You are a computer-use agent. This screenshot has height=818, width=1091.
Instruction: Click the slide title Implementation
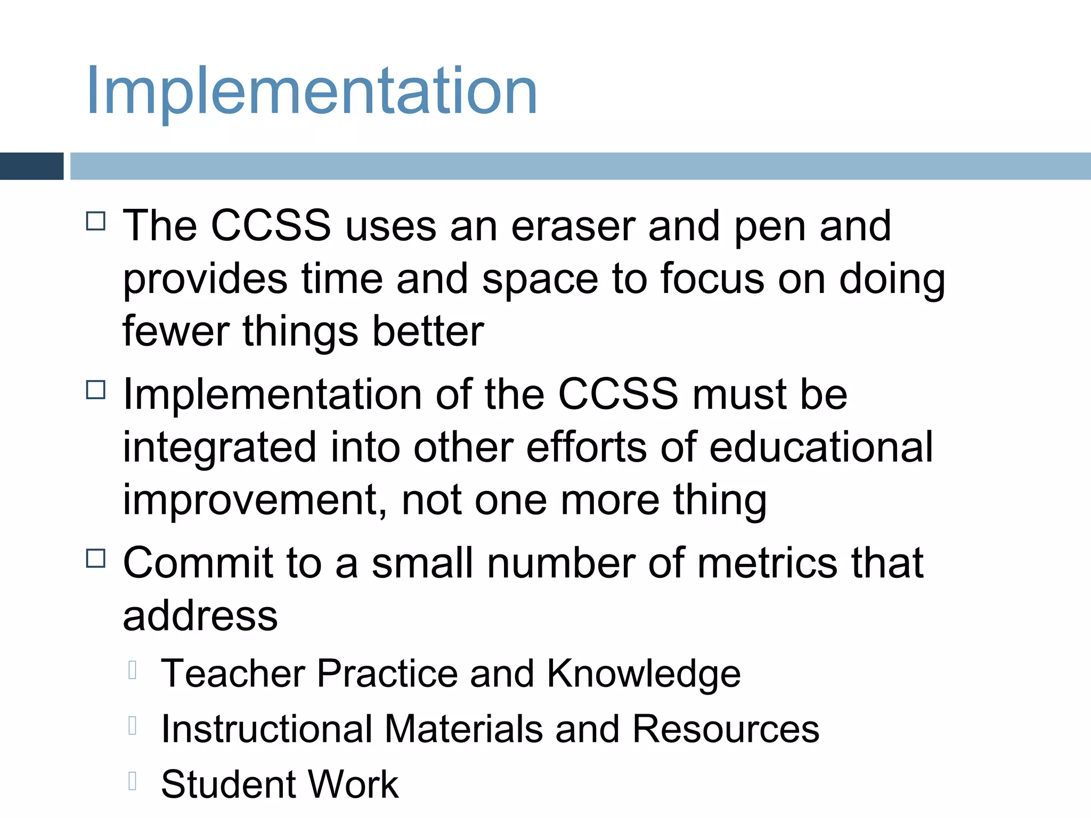[312, 91]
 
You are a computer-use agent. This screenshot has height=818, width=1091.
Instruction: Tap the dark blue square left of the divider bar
[31, 166]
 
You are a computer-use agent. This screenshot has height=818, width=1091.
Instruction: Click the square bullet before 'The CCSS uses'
[96, 221]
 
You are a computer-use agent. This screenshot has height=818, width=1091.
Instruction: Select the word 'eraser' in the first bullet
[573, 226]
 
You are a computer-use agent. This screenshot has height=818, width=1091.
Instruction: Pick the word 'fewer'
[176, 331]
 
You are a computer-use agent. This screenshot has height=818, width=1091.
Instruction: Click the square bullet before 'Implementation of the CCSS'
[96, 390]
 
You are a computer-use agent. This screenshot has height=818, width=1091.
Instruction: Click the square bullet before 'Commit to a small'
[96, 559]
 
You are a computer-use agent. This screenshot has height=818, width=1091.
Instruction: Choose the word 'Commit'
[198, 563]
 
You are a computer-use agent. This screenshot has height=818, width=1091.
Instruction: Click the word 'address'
[200, 616]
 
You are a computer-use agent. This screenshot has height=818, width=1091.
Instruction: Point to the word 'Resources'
[726, 729]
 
